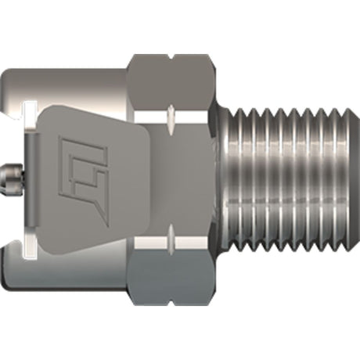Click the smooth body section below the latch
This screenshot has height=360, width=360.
point(70,274)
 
